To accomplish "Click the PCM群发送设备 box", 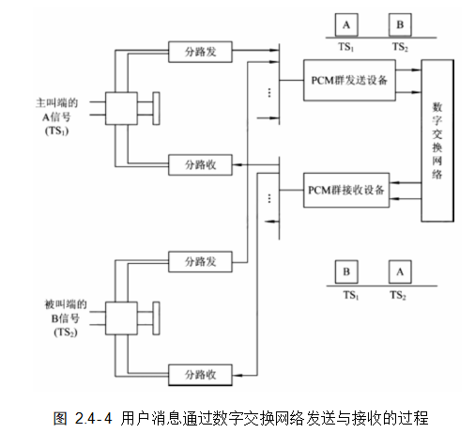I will (x=350, y=81).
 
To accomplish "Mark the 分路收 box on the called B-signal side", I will (x=199, y=374).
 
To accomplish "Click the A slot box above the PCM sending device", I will (x=348, y=23).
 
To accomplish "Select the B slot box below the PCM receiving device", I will (x=348, y=272).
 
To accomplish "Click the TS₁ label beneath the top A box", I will (x=348, y=45).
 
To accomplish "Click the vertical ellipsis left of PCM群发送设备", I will (x=269, y=93).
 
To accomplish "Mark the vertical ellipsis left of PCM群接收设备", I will (x=269, y=198).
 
